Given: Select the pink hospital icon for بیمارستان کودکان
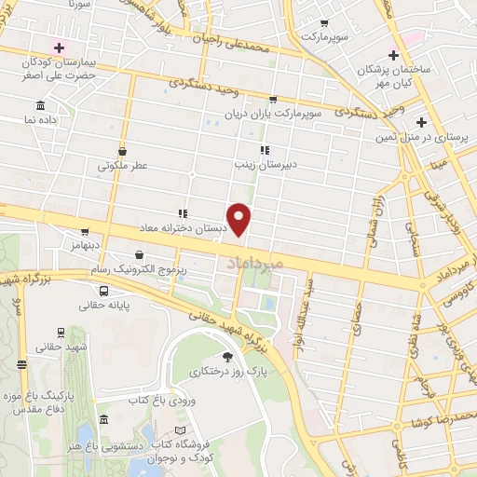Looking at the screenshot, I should click(61, 48).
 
